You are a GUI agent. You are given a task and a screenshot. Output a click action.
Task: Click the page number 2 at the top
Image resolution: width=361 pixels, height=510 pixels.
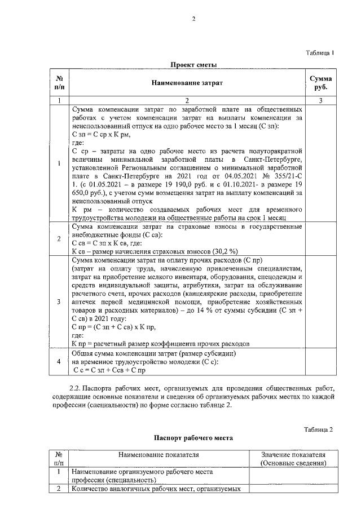pos(193,19)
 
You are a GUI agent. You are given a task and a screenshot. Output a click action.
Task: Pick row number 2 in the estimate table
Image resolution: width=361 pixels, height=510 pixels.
pos(59,238)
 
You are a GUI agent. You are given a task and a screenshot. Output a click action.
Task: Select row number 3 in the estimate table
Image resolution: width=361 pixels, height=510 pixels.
pos(59,302)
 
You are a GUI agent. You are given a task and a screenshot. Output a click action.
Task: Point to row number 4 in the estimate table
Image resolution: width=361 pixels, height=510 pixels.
pos(59,361)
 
